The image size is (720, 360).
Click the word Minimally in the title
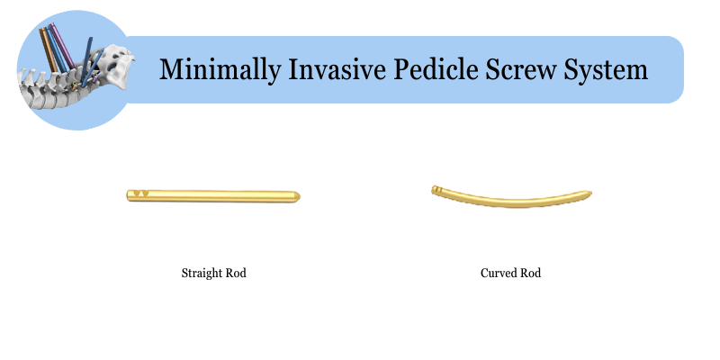click(220, 70)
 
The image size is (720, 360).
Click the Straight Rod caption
click(213, 274)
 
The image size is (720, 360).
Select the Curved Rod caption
click(510, 274)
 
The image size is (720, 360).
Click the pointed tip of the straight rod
click(300, 196)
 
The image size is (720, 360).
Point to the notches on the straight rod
click(140, 193)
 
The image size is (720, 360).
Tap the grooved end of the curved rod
click(436, 190)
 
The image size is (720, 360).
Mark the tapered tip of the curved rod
click(590, 193)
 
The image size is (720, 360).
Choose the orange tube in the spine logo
click(49, 49)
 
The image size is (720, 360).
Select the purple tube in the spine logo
click(62, 46)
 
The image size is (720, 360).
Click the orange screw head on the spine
click(74, 85)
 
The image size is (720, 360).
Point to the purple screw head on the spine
click(95, 79)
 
